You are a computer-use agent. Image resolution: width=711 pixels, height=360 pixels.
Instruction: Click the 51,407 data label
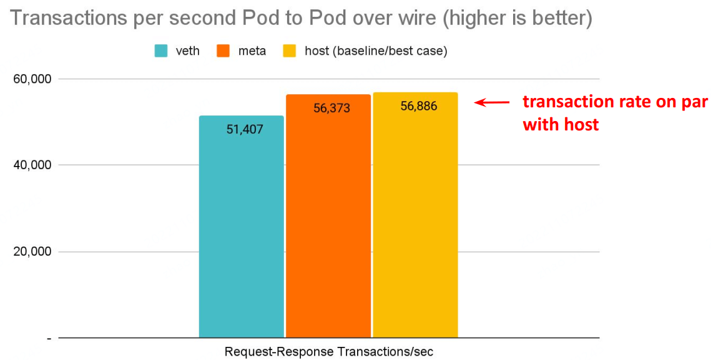[245, 130]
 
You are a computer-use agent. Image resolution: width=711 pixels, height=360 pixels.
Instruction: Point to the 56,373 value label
[331, 109]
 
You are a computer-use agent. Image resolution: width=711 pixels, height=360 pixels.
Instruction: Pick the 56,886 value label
[419, 106]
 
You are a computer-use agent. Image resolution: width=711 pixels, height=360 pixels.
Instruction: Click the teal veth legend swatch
[161, 51]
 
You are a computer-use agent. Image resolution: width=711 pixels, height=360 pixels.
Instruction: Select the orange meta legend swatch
[223, 51]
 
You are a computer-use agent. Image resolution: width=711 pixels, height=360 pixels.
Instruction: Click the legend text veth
[188, 51]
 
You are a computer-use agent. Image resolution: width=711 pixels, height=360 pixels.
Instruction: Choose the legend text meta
[252, 51]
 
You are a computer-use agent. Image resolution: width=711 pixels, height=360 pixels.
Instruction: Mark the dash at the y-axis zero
[48, 338]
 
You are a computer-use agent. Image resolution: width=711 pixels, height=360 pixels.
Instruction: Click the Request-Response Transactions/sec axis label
[328, 352]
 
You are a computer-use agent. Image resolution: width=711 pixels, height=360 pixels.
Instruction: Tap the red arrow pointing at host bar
[492, 102]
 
